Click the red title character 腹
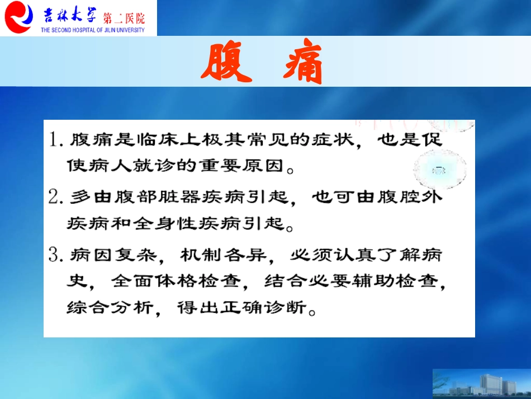[x=226, y=62]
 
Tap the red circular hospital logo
[x=18, y=17]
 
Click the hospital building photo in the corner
[x=481, y=384]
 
